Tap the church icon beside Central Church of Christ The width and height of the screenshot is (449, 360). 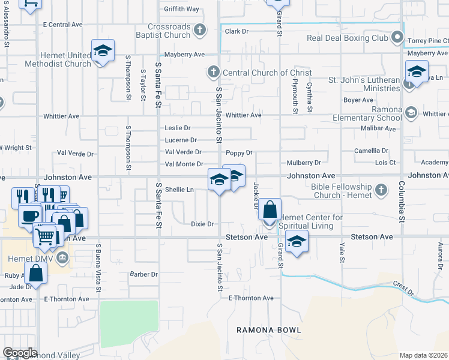212,73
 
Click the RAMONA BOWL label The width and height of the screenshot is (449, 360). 268,330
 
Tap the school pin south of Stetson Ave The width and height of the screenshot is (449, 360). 297,241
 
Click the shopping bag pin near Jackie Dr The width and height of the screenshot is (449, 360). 270,210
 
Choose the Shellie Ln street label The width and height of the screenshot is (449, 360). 179,190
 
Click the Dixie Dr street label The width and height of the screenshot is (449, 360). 202,224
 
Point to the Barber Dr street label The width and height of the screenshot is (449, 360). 143,274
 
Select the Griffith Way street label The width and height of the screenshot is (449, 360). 182,9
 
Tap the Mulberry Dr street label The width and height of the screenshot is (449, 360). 304,163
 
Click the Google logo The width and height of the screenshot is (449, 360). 20,353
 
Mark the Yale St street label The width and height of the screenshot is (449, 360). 342,252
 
